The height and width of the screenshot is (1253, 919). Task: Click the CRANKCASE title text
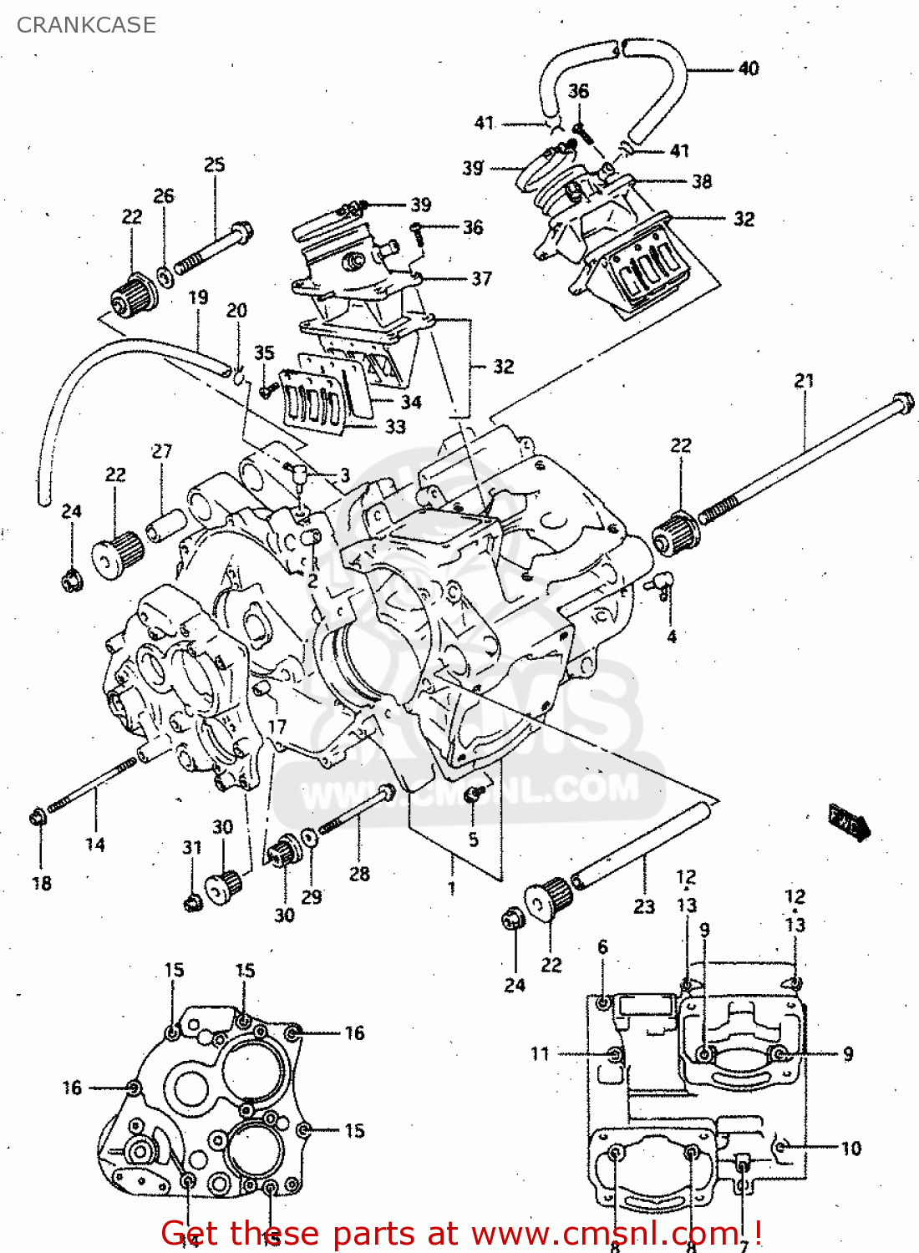[x=86, y=25]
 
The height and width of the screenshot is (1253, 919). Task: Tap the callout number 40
[x=749, y=68]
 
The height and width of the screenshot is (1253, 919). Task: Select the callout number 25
[x=215, y=165]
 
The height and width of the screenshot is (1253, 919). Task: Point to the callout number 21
[x=804, y=381]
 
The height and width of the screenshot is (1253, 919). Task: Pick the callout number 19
[x=198, y=297]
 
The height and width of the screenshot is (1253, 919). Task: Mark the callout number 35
[x=264, y=353]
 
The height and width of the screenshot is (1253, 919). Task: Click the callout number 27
[x=162, y=451]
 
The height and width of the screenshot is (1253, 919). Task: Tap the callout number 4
[x=672, y=637]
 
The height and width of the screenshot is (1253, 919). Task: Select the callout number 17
[x=277, y=727]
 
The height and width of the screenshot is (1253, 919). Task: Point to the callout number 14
[x=95, y=845]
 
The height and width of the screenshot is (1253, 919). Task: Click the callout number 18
[x=42, y=883]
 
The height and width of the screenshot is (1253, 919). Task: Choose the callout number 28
[x=359, y=874]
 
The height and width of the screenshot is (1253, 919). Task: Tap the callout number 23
[x=644, y=906]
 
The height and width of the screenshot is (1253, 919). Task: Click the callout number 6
[x=602, y=946]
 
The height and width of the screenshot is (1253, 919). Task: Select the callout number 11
[x=541, y=1054]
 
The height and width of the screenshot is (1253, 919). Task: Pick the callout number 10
[x=850, y=1149]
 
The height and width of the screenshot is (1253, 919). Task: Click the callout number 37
[x=482, y=278]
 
